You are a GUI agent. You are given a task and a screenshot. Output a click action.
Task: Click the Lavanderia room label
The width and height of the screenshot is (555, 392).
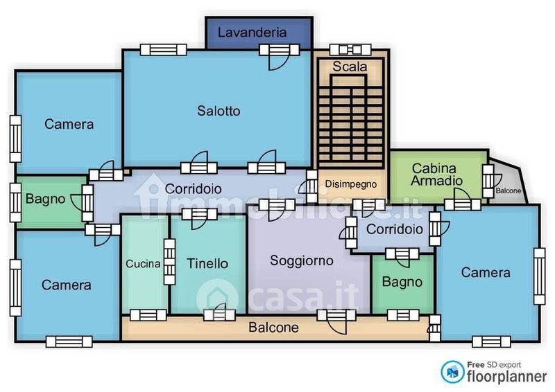(x=252, y=33)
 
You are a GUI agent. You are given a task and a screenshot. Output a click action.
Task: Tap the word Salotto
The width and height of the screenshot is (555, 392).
(x=219, y=111)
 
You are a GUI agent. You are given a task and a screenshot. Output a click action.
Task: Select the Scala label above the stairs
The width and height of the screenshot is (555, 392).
(x=350, y=66)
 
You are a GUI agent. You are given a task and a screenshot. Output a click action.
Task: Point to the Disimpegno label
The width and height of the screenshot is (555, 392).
(x=351, y=184)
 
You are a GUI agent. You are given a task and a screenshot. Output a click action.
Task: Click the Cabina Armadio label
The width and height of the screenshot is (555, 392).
(x=436, y=175)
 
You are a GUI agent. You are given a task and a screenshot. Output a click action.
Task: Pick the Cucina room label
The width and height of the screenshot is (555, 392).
(x=143, y=264)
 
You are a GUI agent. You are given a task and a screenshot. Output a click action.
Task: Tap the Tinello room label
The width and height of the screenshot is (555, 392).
(x=207, y=263)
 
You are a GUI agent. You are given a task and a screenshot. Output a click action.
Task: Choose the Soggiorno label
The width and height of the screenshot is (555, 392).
(x=302, y=260)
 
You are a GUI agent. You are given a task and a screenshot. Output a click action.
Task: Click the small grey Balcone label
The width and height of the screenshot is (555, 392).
(x=509, y=191)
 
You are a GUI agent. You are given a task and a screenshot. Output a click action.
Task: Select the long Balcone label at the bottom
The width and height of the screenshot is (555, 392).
(x=273, y=328)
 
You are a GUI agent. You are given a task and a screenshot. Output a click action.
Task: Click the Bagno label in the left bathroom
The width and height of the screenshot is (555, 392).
(x=45, y=199)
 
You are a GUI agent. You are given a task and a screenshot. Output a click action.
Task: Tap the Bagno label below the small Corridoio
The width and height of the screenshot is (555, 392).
(x=402, y=282)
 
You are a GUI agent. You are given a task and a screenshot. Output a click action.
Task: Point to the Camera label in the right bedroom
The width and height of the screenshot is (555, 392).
(x=486, y=272)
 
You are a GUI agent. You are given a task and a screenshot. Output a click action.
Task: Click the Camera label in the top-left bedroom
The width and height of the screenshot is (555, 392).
(x=69, y=124)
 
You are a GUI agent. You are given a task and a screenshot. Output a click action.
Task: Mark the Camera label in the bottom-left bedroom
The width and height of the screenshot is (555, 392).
(x=66, y=285)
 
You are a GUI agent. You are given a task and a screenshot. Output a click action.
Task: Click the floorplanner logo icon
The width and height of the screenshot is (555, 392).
(x=452, y=372)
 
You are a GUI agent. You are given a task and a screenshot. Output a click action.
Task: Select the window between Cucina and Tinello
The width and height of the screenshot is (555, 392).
(x=169, y=262)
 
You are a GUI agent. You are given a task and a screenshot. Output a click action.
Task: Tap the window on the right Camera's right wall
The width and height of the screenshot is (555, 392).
(x=540, y=276)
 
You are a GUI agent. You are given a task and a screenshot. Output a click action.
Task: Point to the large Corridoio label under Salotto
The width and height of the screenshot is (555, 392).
(x=194, y=189)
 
